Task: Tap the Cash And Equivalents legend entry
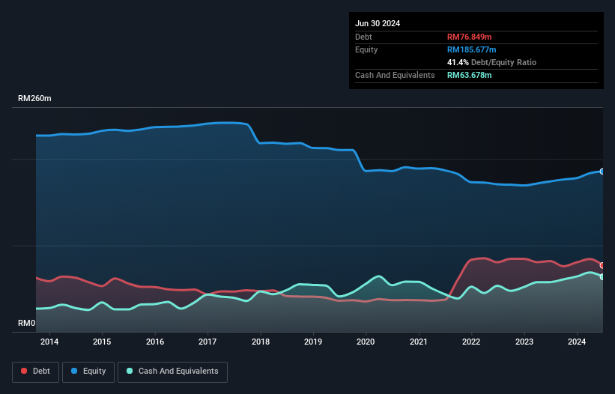click(172, 371)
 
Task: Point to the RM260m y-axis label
click(34, 99)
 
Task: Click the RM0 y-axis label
click(27, 324)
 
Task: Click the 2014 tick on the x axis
click(49, 342)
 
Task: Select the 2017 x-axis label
click(207, 342)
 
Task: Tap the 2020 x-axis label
click(366, 342)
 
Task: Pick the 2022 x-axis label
click(472, 342)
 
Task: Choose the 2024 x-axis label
click(578, 342)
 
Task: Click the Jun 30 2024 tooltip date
click(378, 23)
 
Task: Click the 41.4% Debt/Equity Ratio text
click(491, 62)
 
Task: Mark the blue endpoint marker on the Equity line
click(602, 172)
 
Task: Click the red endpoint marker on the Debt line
click(602, 265)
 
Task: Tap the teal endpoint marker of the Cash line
click(602, 276)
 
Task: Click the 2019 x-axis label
click(313, 342)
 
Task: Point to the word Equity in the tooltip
click(366, 49)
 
